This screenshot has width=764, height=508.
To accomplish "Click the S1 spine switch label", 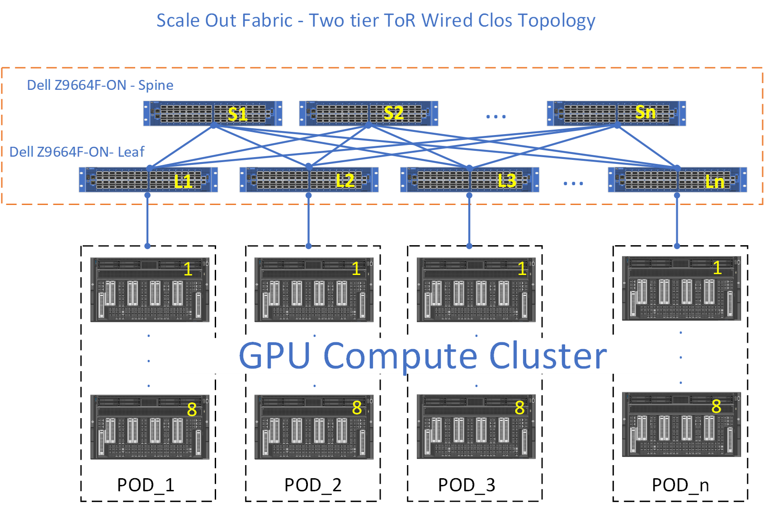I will (237, 114).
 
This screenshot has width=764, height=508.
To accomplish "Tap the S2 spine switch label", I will (393, 113).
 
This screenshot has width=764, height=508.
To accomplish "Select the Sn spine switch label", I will (645, 112).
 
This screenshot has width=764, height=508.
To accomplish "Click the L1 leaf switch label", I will (184, 182).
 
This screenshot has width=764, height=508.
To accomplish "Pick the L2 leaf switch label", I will (345, 181).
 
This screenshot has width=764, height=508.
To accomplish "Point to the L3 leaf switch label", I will (506, 181).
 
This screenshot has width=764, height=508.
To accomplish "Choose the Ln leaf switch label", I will (715, 182).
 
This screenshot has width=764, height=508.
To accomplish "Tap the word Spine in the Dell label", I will (156, 85).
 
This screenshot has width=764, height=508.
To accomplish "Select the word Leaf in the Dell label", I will (131, 152).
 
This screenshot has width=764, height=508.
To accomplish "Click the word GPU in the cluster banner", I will (274, 356).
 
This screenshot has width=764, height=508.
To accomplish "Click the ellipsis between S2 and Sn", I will (496, 117).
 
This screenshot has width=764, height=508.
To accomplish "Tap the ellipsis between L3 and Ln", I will (573, 183).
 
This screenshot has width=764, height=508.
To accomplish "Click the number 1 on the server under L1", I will (188, 269).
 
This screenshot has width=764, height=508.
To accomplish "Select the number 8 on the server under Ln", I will (716, 406).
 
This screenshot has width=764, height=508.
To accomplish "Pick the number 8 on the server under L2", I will (357, 408).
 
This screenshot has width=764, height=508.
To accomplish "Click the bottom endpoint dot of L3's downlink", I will (469, 246).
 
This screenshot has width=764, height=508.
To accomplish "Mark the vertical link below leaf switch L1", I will (147, 221).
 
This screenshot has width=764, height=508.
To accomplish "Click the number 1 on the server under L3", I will (522, 269).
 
